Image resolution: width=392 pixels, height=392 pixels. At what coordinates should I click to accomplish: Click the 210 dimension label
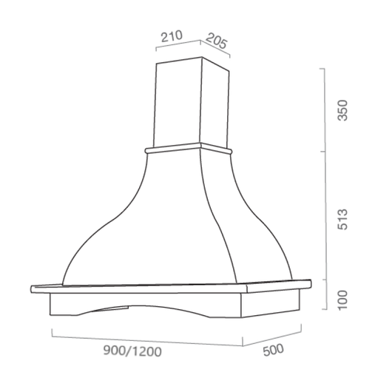[x=172, y=35]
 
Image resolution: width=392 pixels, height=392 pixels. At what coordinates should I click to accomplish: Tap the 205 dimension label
[x=217, y=41]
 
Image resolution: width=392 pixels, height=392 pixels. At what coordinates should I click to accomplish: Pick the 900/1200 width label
[x=128, y=354]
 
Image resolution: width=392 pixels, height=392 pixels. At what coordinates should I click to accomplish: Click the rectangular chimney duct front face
[x=178, y=104]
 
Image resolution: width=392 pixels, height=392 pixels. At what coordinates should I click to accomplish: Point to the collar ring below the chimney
[x=189, y=150]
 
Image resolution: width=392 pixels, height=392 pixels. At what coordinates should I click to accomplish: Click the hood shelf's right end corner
[x=310, y=283]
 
